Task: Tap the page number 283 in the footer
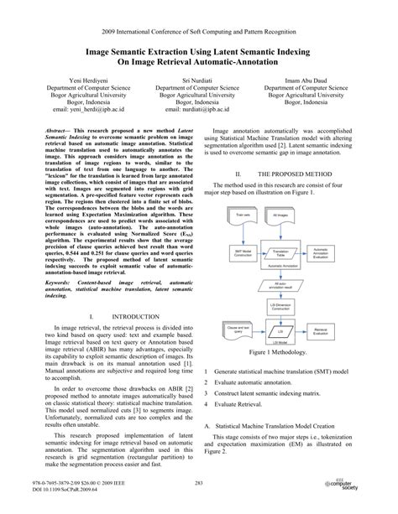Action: pos(199,483)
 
